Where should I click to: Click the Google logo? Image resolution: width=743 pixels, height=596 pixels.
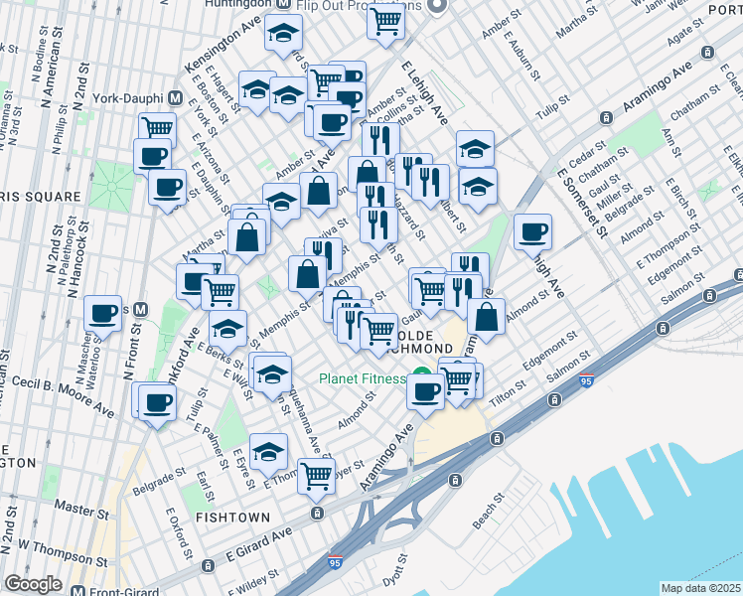pos(33,584)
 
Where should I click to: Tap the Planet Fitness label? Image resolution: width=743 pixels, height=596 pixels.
pos(362,378)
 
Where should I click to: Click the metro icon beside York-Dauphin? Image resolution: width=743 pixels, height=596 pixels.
pos(176,98)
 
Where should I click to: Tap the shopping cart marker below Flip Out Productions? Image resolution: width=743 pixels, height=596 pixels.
pos(385,21)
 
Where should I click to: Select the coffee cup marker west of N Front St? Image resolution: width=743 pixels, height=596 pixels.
pos(103,314)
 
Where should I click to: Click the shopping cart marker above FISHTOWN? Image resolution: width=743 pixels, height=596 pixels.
pos(316,476)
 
